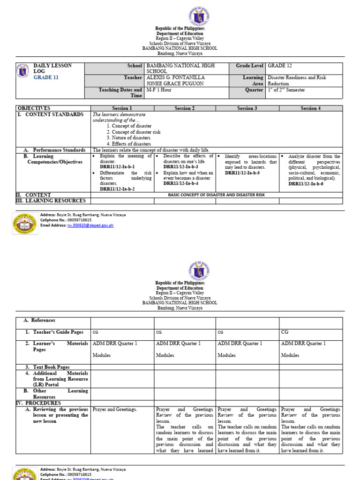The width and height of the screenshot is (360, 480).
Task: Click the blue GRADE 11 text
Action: click(x=46, y=78)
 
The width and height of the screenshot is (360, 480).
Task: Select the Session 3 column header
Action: click(x=247, y=108)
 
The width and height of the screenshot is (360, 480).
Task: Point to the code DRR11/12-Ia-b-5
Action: click(x=242, y=173)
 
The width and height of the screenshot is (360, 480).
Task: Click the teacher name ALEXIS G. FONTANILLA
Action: click(x=176, y=78)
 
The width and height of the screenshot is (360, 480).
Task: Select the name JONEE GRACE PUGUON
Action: click(x=173, y=83)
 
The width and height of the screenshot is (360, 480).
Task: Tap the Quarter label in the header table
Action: click(x=254, y=90)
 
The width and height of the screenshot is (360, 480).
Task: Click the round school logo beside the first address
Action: click(x=25, y=223)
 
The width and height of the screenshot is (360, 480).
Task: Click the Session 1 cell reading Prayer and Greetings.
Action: click(x=115, y=410)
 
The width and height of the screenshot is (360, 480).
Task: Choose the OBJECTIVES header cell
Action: click(x=33, y=108)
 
